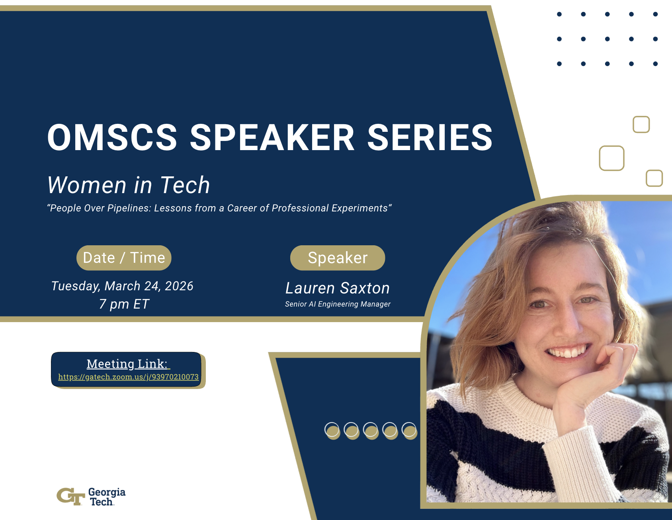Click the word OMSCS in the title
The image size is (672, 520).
(112, 137)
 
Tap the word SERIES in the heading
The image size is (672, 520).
(430, 137)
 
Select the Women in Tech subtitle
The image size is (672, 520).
(129, 185)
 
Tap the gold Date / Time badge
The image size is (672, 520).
(124, 258)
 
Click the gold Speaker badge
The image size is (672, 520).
(338, 258)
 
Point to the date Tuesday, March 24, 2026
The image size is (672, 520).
(122, 286)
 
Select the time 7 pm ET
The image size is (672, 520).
(124, 304)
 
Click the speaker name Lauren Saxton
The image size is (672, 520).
(338, 288)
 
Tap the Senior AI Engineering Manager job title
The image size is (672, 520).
(338, 304)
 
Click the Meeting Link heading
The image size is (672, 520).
(127, 364)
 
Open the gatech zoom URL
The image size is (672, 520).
(128, 377)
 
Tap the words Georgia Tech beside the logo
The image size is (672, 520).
(107, 497)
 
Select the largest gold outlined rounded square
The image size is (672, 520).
(612, 158)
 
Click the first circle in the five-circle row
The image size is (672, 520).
(332, 431)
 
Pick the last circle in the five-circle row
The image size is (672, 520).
(410, 431)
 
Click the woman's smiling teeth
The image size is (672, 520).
(568, 352)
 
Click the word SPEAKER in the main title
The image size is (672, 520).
(272, 137)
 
